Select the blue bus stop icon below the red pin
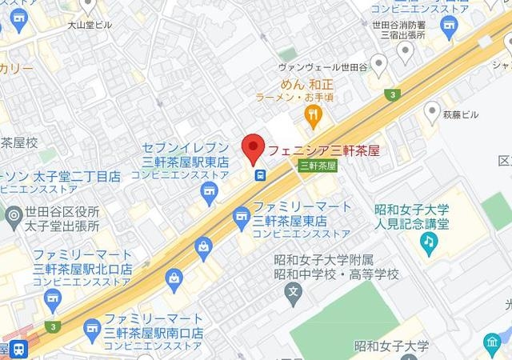[259, 175]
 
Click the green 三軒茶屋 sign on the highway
[318, 166]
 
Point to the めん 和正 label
[307, 83]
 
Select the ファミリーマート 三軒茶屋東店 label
[302, 214]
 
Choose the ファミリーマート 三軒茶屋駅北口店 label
[82, 262]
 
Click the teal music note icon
[429, 241]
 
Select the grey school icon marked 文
[294, 291]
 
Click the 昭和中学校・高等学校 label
[336, 274]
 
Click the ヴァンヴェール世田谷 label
[320, 67]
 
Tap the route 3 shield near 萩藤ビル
[393, 95]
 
